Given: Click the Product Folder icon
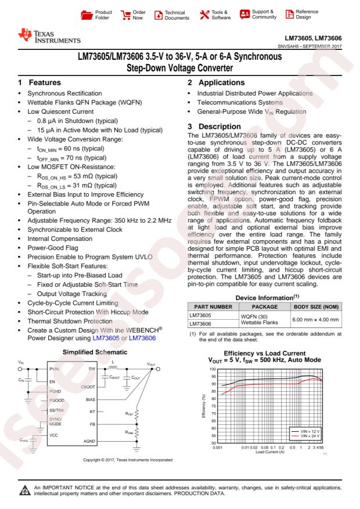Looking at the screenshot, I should (102, 13).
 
